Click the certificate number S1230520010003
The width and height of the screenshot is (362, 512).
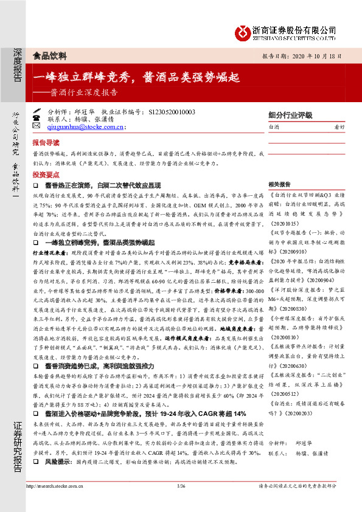[x=172, y=112]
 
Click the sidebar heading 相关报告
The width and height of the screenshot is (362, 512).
[x=279, y=184]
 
